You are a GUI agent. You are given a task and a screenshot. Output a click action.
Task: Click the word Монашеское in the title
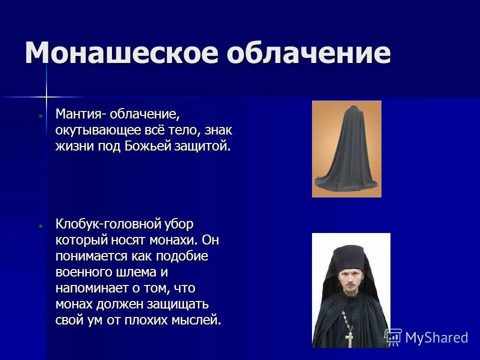coord(120,52)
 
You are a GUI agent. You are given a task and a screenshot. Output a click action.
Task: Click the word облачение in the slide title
coord(308,52)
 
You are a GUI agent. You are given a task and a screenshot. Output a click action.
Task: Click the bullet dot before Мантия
coord(41,115)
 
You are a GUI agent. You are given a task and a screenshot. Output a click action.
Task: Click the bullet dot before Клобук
coord(41,225)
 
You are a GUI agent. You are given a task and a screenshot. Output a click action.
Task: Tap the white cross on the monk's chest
coord(349,338)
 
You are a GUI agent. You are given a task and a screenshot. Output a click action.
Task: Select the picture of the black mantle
coord(346,149)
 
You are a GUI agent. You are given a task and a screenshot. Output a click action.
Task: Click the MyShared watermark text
coord(436,337)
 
